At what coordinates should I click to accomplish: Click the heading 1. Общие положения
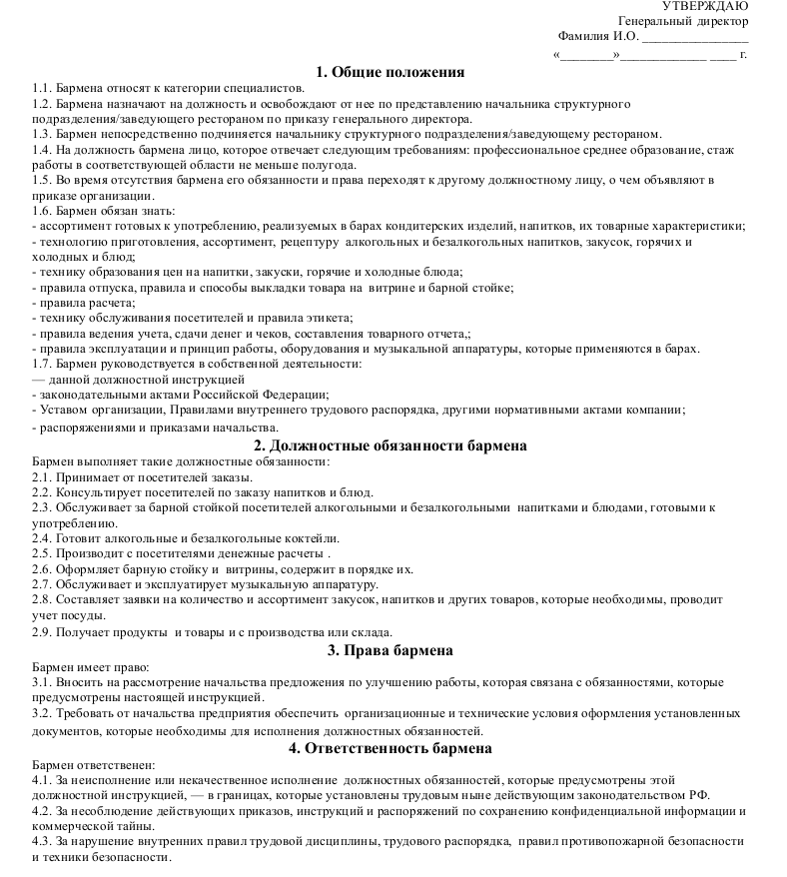[391, 71]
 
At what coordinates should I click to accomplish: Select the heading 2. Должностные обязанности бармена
[391, 445]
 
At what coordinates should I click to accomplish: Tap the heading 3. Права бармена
[391, 650]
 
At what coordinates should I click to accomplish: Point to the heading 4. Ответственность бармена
[391, 747]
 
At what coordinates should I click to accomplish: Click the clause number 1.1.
[42, 88]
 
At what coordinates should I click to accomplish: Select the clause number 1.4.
[42, 149]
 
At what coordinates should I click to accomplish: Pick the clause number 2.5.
[42, 553]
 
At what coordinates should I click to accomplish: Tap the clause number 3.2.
[42, 714]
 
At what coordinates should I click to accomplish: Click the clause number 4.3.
[42, 842]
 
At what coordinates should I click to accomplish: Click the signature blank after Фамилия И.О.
[693, 40]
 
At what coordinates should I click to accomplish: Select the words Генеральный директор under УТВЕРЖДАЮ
[683, 22]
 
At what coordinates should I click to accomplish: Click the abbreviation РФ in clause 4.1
[699, 795]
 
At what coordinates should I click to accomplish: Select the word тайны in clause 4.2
[130, 826]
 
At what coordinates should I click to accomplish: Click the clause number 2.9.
[42, 631]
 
